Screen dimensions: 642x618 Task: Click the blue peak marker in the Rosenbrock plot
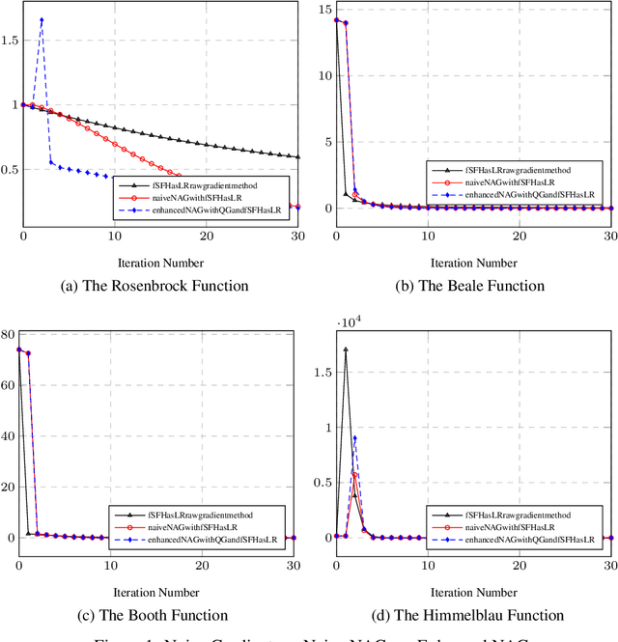[x=42, y=19]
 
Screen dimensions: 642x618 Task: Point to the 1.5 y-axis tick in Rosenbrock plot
[x=10, y=40]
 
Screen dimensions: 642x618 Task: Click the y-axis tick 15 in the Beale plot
[x=324, y=11]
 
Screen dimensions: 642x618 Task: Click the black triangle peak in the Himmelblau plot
[x=346, y=349]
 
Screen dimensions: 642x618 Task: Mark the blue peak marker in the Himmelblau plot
[x=354, y=437]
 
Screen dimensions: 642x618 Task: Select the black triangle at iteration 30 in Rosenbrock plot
[x=298, y=156]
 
